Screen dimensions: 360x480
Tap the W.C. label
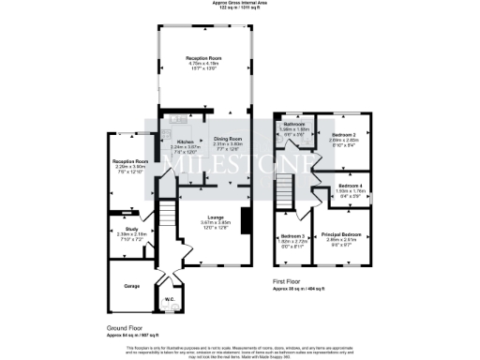170,300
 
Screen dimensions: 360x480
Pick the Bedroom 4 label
351,187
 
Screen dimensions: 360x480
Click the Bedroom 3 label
292,236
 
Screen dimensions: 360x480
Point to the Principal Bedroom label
342,233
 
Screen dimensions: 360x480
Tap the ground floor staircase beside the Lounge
166,217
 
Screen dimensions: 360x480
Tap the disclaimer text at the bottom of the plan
240,352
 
